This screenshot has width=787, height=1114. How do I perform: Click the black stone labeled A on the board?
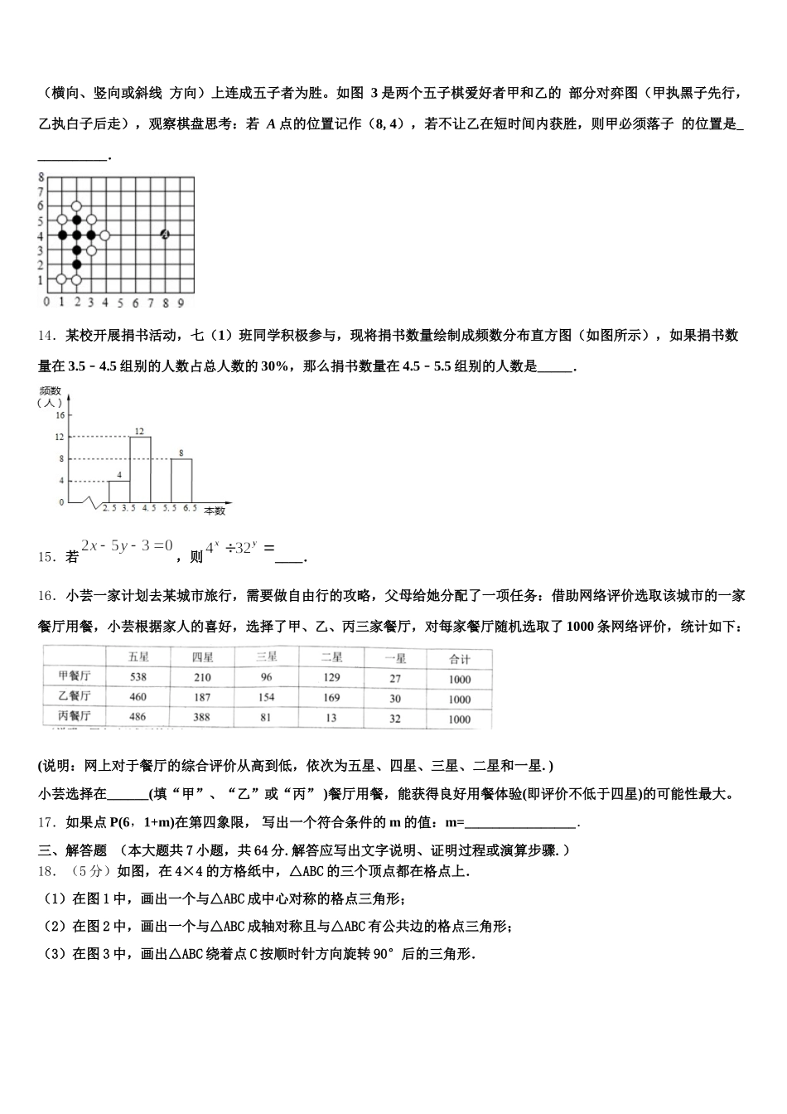[x=165, y=235]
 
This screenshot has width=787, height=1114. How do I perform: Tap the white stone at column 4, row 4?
[x=105, y=235]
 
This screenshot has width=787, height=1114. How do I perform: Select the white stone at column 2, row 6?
[x=76, y=206]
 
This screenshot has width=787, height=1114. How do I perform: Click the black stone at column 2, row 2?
[x=76, y=265]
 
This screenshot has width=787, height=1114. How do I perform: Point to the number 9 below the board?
[x=181, y=303]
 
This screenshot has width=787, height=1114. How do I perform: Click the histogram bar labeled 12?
[x=140, y=469]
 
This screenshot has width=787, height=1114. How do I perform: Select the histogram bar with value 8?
[x=182, y=480]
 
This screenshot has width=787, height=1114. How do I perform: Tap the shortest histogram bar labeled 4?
[x=119, y=491]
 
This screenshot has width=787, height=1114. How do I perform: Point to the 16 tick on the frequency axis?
[x=60, y=414]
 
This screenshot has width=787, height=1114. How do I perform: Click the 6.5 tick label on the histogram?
[x=190, y=507]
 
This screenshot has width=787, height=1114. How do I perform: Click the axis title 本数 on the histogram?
[x=215, y=511]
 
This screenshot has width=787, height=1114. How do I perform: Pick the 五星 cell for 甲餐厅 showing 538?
[x=138, y=677]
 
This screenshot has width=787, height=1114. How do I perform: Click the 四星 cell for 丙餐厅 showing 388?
[x=201, y=717]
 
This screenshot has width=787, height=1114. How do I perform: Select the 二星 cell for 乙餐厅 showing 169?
[x=331, y=698]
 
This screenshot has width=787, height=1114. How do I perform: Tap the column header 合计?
[x=459, y=659]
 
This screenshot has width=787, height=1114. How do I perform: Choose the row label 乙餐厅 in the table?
[x=75, y=696]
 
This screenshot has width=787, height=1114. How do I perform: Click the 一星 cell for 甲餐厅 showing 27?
[x=395, y=678]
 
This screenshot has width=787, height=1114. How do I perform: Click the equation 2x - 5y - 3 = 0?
[x=127, y=545]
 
